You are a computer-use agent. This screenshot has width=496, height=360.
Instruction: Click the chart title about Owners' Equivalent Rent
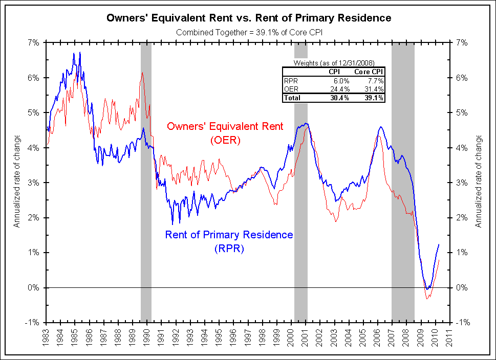[x=249, y=18]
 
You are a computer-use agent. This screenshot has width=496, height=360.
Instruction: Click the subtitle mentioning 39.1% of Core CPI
[x=249, y=32]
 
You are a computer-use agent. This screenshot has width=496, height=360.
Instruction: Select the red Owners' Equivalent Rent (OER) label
[x=225, y=132]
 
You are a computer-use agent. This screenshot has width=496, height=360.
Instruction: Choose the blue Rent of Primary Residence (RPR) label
[x=229, y=241]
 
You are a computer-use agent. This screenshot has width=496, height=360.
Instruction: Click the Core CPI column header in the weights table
[x=369, y=72]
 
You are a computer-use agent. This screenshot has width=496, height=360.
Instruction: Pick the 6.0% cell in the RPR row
[x=341, y=81]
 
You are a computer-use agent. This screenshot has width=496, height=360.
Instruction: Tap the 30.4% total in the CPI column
[x=340, y=98]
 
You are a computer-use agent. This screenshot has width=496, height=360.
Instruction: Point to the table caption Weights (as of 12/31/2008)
[x=333, y=63]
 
